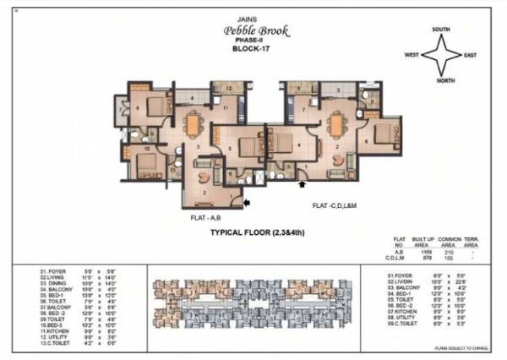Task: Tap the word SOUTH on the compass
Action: pos(440,29)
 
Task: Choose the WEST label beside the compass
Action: pos(412,55)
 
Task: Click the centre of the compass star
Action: pos(442,55)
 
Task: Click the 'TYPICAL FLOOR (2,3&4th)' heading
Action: pos(256,239)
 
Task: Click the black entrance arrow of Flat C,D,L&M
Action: pos(303,180)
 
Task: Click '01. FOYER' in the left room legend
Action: pos(55,272)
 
